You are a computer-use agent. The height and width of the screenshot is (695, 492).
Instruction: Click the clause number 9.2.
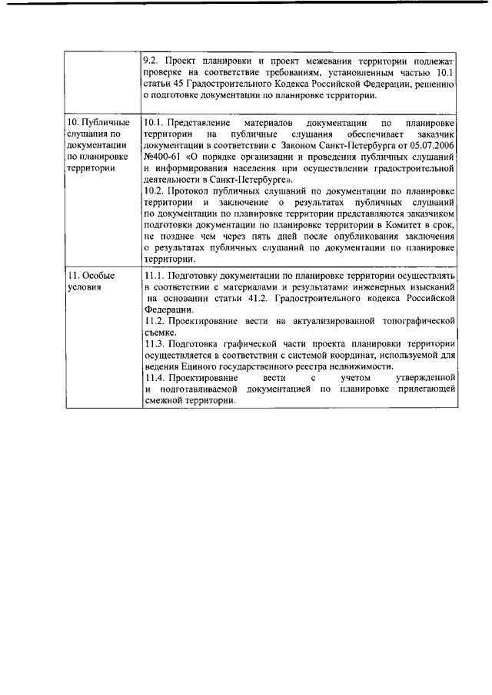(152, 59)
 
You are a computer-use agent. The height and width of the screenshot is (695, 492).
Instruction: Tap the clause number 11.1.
(155, 275)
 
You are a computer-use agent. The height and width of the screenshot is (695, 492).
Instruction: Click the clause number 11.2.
(155, 318)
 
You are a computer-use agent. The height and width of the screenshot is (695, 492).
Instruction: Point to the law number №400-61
(163, 156)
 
